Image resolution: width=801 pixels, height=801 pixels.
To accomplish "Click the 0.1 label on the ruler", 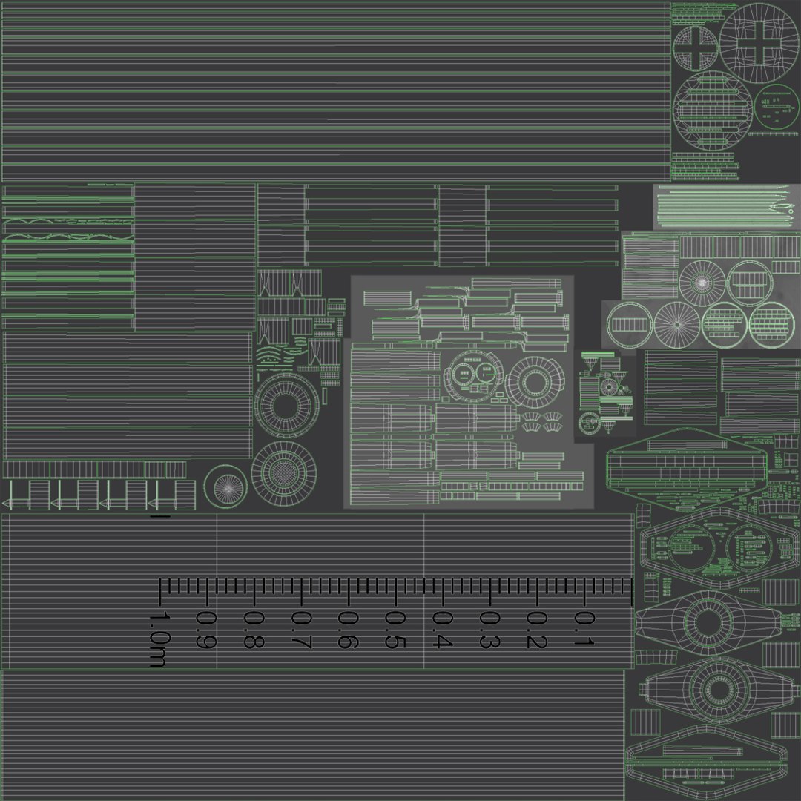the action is click(x=584, y=628).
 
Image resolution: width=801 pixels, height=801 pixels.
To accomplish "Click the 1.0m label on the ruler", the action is click(x=158, y=639).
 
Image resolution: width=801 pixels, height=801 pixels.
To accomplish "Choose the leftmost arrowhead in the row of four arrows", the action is click(x=10, y=503).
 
